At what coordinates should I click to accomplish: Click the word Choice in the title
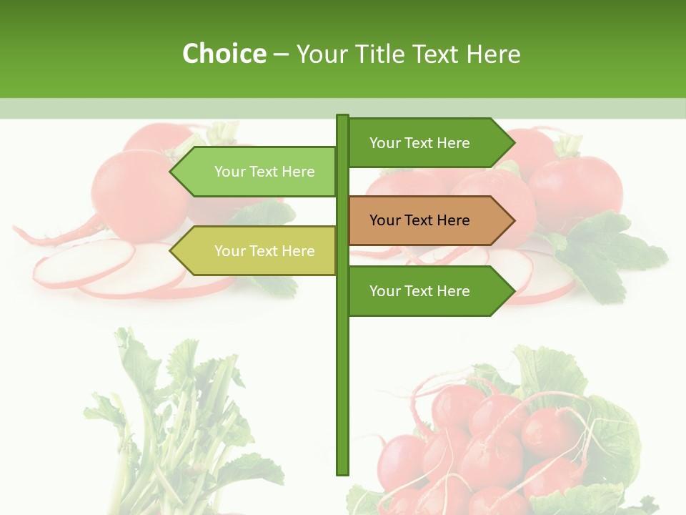point(224,54)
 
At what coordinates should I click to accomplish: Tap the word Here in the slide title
point(494,54)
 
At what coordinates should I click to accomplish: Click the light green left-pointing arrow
point(257,172)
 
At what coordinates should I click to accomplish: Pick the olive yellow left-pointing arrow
point(257,250)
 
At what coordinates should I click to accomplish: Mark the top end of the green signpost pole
point(342,117)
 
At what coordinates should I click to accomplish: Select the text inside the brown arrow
point(419,220)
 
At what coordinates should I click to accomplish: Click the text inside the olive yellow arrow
point(264,251)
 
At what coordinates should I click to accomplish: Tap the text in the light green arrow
point(264,172)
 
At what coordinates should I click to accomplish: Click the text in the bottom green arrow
point(419,291)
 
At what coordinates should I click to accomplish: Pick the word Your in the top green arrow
point(385,143)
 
